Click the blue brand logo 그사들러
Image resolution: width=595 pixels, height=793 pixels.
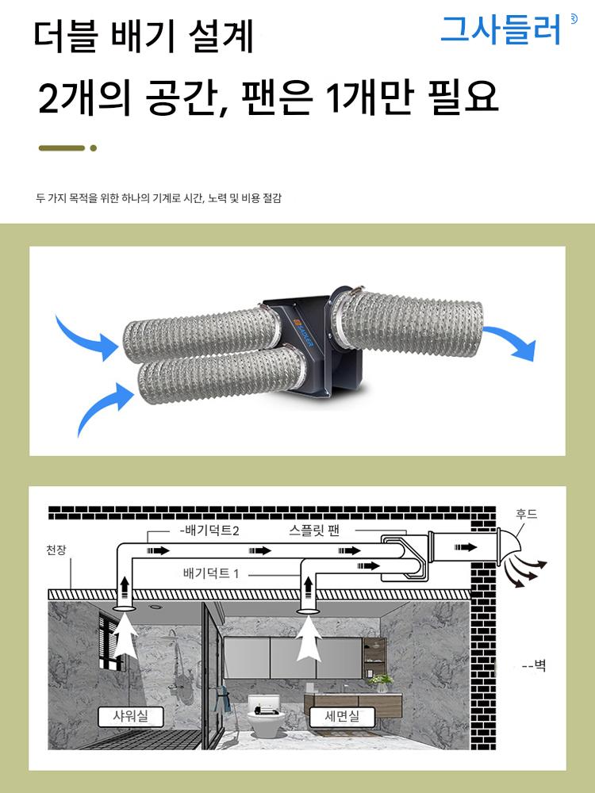501,30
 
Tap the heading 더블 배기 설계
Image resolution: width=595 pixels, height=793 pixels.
144,36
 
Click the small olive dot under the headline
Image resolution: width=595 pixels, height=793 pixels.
93,148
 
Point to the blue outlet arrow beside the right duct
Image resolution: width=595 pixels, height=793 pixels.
510,342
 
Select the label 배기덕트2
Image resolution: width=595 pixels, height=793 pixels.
209,531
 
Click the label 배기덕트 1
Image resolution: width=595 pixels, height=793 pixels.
210,573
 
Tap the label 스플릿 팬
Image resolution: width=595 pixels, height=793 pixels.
314,531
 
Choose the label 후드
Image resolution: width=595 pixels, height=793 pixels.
526,515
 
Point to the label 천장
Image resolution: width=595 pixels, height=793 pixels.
56,550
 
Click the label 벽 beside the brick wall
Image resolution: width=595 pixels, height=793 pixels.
539,665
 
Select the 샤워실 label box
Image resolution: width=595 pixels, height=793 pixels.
131,716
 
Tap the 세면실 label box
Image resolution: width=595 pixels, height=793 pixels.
342,716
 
